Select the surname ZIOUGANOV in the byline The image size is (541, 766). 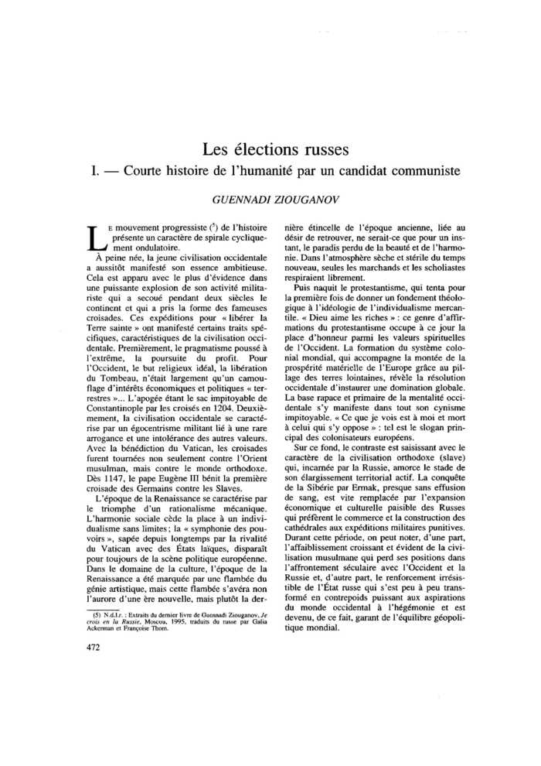click(x=303, y=198)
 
